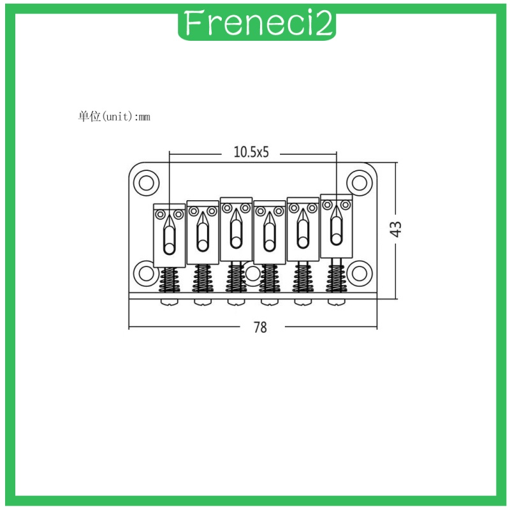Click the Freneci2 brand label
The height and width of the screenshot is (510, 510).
point(257,24)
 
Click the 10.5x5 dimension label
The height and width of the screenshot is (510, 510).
point(251,152)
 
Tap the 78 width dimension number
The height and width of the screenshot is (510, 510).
point(260,327)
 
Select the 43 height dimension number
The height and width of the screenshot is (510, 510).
point(396,229)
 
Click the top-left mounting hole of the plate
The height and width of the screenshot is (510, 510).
point(147,183)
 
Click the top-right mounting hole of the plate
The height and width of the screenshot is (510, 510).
point(360,183)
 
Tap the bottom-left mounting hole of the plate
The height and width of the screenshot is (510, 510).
point(147,273)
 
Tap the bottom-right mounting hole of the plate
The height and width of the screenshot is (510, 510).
point(360,273)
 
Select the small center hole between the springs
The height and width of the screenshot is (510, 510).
point(252,273)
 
